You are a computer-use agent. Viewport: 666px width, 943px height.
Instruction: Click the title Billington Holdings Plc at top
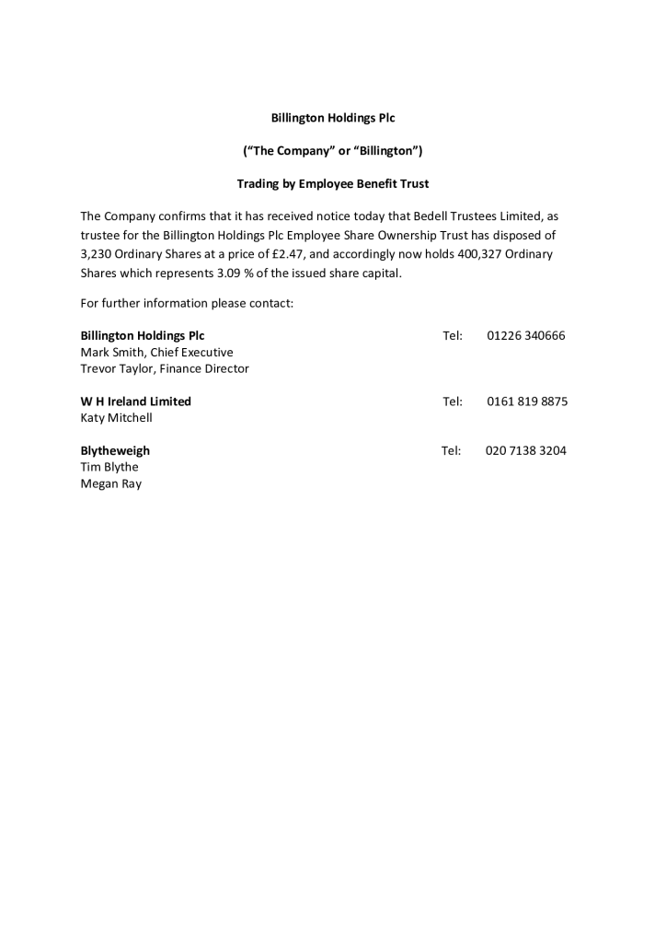pyautogui.click(x=332, y=118)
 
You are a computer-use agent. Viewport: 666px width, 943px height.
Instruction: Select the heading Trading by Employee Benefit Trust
pyautogui.click(x=332, y=184)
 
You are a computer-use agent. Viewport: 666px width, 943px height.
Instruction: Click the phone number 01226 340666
pyautogui.click(x=526, y=336)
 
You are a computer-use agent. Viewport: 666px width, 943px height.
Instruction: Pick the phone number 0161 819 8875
pyautogui.click(x=527, y=402)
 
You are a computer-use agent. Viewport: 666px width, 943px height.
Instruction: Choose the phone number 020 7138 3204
pyautogui.click(x=525, y=451)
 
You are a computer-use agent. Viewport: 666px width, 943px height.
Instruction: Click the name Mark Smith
pyautogui.click(x=108, y=353)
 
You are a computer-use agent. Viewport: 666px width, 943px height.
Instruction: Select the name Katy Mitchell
pyautogui.click(x=116, y=418)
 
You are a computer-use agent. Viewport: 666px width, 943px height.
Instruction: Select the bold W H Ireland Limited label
pyautogui.click(x=135, y=402)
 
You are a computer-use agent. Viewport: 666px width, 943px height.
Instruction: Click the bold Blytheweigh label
pyautogui.click(x=115, y=451)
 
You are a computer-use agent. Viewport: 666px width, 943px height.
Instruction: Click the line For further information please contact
pyautogui.click(x=187, y=303)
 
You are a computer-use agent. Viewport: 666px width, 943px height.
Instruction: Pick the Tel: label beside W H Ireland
pyautogui.click(x=452, y=402)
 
